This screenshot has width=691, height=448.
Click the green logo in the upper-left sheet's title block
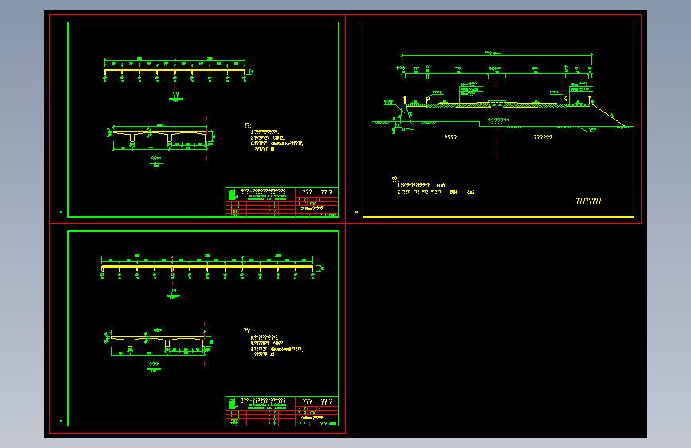[x=232, y=194]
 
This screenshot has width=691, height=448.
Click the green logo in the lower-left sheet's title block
[x=232, y=403]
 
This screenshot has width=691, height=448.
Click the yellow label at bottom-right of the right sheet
[x=588, y=201]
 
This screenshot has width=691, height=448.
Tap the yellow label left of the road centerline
[x=450, y=137]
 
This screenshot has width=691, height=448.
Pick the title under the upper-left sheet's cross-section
[x=155, y=159]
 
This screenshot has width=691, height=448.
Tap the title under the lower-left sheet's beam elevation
[x=173, y=292]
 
